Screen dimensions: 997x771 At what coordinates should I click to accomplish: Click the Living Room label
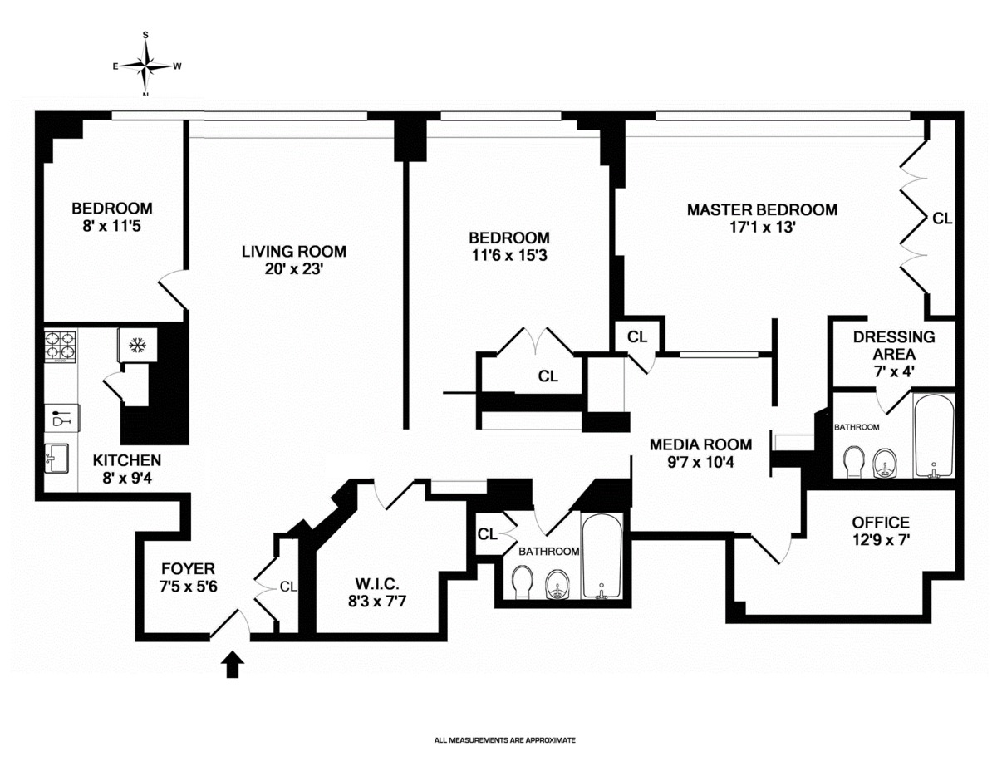[x=293, y=251]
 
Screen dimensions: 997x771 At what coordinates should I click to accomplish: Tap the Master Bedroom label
[x=762, y=209]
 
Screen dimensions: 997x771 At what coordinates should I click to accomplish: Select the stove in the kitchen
[x=60, y=346]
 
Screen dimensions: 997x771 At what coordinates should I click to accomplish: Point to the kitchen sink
[x=58, y=456]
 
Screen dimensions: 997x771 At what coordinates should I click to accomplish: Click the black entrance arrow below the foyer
[x=233, y=665]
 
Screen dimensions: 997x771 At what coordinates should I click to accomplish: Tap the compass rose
[x=146, y=65]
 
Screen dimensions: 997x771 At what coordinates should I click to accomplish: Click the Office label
[x=881, y=523]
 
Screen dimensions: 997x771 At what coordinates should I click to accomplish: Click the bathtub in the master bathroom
[x=934, y=437]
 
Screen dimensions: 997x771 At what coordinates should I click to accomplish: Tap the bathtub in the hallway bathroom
[x=600, y=558]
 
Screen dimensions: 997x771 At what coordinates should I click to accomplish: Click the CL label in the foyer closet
[x=288, y=587]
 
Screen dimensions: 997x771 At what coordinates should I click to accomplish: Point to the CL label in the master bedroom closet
[x=942, y=219]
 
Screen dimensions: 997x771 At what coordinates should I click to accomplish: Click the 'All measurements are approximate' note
[x=505, y=739]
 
